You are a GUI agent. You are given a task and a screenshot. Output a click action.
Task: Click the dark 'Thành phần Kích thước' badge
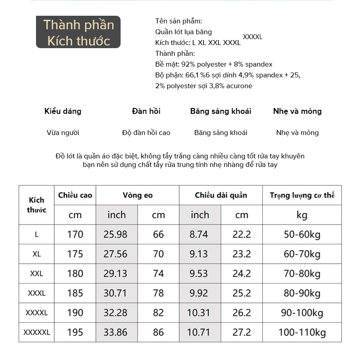pyautogui.click(x=78, y=32)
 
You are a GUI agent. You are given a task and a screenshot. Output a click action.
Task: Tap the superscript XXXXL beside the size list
pyautogui.click(x=252, y=37)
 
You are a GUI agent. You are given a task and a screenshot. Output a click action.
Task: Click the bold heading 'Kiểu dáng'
pyautogui.click(x=63, y=111)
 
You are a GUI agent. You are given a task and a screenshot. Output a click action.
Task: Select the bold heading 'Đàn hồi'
pyautogui.click(x=146, y=111)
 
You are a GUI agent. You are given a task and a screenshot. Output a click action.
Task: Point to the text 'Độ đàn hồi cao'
pyautogui.click(x=146, y=133)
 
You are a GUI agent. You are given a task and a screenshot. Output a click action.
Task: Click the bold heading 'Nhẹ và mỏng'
pyautogui.click(x=297, y=111)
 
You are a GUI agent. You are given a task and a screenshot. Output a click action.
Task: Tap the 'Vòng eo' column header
pyautogui.click(x=138, y=195)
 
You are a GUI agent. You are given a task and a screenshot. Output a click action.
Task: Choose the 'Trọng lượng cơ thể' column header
pyautogui.click(x=302, y=195)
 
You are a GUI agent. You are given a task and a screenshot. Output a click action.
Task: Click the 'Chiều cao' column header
pyautogui.click(x=75, y=195)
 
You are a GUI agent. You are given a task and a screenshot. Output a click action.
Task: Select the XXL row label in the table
pyautogui.click(x=37, y=274)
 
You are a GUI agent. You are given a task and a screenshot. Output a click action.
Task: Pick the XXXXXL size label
pyautogui.click(x=37, y=333)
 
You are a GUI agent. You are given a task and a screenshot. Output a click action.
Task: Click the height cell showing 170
pyautogui.click(x=75, y=234)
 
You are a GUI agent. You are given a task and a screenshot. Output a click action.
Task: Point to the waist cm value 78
pyautogui.click(x=158, y=293)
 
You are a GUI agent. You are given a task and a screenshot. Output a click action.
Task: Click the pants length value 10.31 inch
pyautogui.click(x=198, y=313)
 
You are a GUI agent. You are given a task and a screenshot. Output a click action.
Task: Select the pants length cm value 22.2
pyautogui.click(x=242, y=234)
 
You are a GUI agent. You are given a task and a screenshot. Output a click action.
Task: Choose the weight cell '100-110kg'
pyautogui.click(x=302, y=333)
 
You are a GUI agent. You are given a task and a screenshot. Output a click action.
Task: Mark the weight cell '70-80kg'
pyautogui.click(x=302, y=274)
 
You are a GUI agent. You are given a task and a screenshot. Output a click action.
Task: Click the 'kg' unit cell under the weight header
pyautogui.click(x=302, y=215)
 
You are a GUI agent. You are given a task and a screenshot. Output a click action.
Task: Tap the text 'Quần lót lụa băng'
pyautogui.click(x=184, y=32)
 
